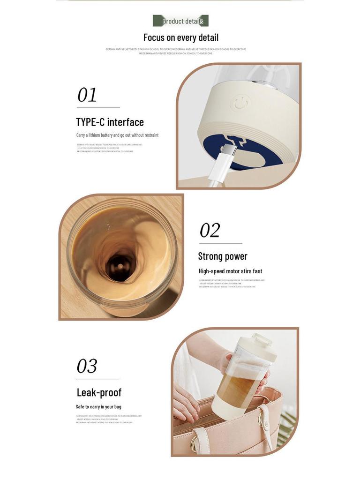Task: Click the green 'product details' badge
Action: [180, 21]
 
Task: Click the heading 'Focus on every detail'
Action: [180, 37]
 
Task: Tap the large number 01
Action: [87, 95]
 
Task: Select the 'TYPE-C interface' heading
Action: [110, 122]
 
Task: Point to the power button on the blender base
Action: [240, 103]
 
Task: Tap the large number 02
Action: [210, 230]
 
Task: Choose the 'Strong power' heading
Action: [223, 256]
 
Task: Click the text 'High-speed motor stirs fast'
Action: [230, 271]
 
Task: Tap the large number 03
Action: [87, 366]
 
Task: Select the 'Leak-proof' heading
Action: [99, 392]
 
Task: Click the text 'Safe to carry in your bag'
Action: [98, 406]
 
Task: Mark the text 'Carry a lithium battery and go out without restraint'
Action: [117, 135]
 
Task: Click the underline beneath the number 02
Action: [220, 243]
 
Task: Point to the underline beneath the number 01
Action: [98, 108]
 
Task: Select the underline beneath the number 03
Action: [97, 379]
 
